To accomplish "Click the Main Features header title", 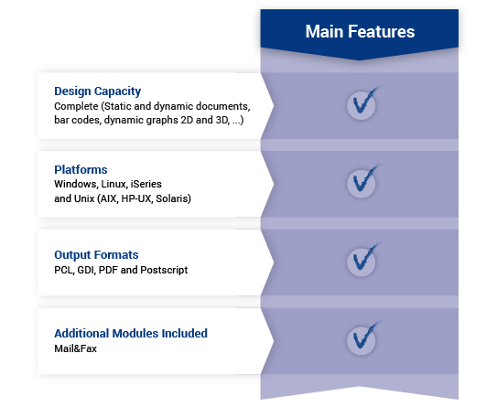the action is tap(360, 32).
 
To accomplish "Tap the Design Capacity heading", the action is tap(98, 91).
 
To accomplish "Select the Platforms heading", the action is tap(81, 170).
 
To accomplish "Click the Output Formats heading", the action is tap(96, 254).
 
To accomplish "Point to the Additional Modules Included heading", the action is tap(131, 333).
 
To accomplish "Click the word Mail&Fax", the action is tap(75, 348).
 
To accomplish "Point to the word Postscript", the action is tap(164, 270).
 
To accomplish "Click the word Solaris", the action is tap(173, 198).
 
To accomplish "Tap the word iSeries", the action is tap(146, 184).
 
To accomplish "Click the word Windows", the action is tap(76, 185).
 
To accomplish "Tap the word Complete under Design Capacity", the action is tap(76, 106).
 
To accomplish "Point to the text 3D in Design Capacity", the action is tap(222, 121).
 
